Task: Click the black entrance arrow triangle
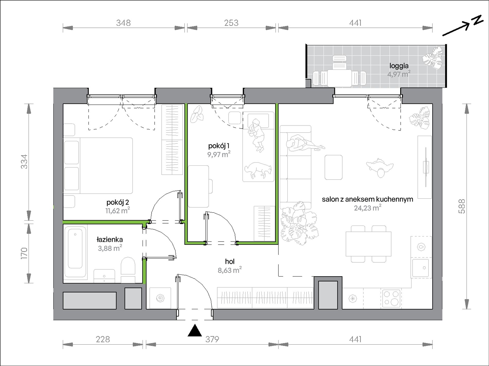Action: (195, 331)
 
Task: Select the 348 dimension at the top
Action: (124, 23)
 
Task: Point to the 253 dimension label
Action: (231, 23)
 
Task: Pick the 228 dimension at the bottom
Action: (103, 339)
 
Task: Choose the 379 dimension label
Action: (212, 339)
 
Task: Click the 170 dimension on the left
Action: (24, 253)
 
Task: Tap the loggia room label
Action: (399, 66)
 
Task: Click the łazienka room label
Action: (110, 239)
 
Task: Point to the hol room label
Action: (230, 262)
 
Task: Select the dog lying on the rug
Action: (258, 170)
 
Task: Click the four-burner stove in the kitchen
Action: (391, 298)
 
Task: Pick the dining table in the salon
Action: (369, 244)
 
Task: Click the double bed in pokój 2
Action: (98, 166)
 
